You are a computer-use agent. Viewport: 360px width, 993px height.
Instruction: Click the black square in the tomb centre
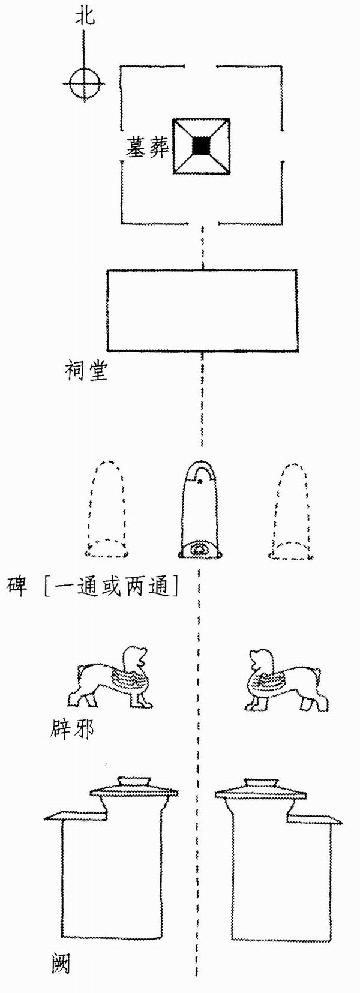pos(202,146)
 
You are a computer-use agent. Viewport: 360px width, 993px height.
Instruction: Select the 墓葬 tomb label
pos(148,147)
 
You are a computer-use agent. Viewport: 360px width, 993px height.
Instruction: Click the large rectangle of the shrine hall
pos(202,310)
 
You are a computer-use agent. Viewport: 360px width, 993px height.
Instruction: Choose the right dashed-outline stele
pos(292,509)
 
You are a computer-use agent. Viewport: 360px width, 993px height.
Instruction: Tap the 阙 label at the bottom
pos(60,964)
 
